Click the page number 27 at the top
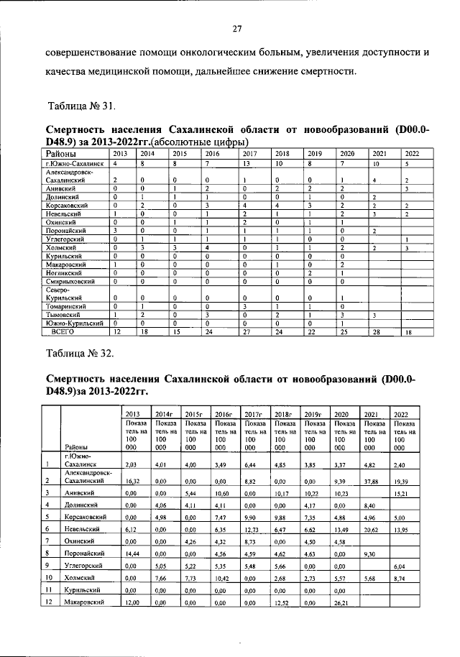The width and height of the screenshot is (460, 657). tap(236, 29)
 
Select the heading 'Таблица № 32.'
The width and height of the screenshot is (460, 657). tap(80, 353)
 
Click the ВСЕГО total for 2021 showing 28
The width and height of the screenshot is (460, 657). tap(377, 332)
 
